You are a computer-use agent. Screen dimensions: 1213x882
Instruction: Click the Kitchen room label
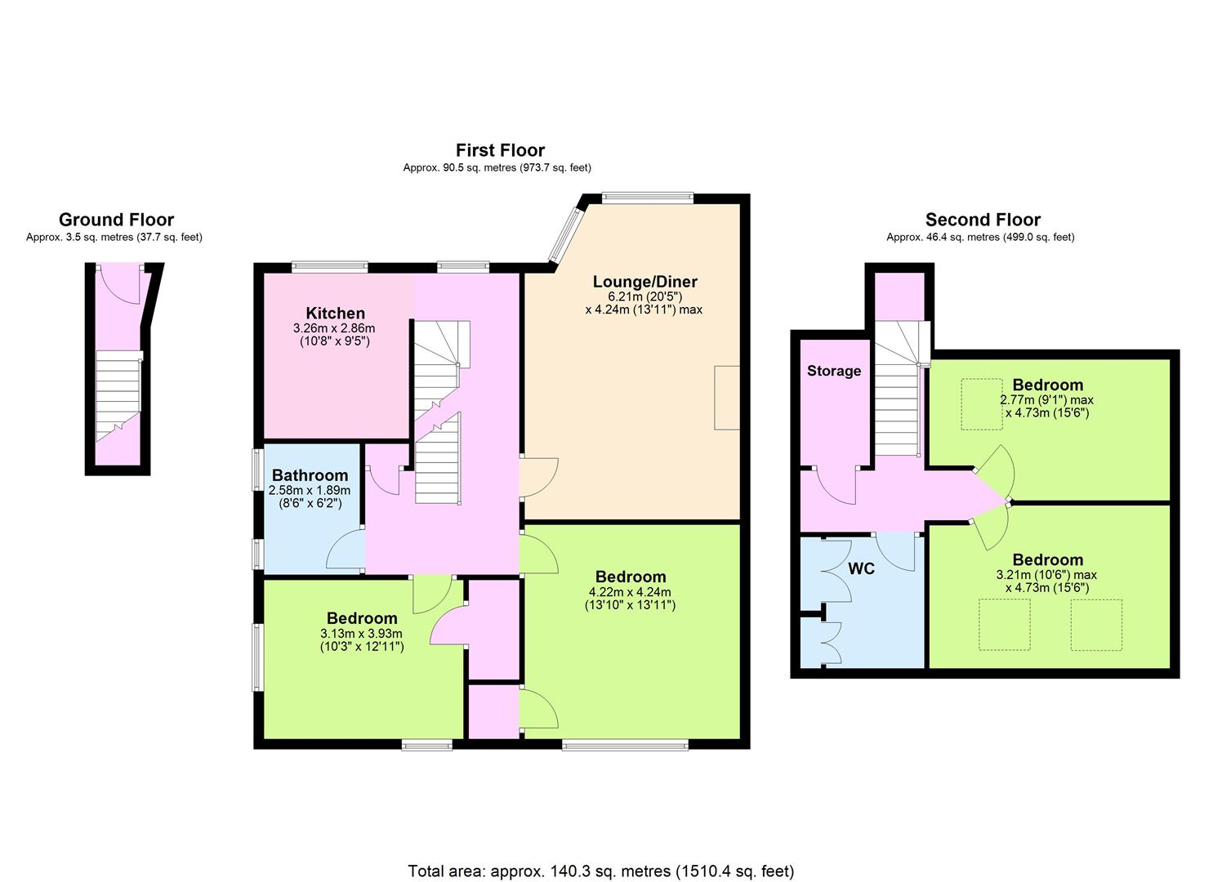click(335, 313)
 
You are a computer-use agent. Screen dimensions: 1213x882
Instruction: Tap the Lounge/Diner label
click(645, 282)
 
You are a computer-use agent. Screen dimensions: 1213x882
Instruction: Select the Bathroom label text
click(310, 475)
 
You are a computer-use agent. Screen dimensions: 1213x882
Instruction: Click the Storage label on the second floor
click(834, 371)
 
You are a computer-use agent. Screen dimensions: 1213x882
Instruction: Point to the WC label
click(862, 568)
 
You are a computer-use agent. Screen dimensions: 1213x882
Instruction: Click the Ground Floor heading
click(117, 220)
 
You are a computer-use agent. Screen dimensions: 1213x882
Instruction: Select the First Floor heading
click(501, 150)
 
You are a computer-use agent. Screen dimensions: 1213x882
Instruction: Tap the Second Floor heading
click(983, 220)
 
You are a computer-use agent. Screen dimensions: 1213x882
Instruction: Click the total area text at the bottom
click(601, 856)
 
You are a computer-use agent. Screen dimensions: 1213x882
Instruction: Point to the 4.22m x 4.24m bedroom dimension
click(631, 599)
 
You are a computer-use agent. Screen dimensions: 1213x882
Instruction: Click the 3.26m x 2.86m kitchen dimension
click(334, 335)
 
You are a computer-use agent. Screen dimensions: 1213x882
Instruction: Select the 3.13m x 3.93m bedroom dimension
click(362, 639)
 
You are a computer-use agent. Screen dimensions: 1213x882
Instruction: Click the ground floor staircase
click(118, 398)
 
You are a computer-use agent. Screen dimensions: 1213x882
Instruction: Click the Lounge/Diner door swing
click(539, 478)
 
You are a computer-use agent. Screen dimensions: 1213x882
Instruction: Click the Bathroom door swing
click(346, 549)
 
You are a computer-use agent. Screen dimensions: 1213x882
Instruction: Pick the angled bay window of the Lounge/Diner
click(564, 236)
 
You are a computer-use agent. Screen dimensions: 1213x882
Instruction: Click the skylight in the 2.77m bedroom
click(981, 404)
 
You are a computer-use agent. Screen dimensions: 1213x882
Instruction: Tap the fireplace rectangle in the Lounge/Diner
click(727, 399)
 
